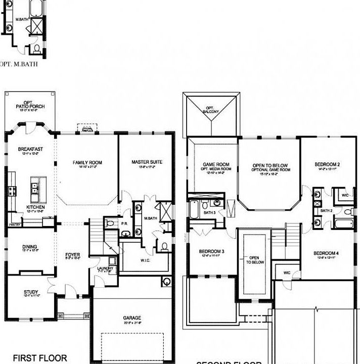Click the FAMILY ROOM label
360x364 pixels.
click(x=87, y=162)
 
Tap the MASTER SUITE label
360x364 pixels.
click(x=147, y=162)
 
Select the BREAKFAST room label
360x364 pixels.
click(x=29, y=149)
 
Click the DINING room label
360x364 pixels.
click(x=29, y=247)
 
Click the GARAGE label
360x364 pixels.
click(x=132, y=318)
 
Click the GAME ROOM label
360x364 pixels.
click(x=216, y=164)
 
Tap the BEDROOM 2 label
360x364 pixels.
click(x=327, y=164)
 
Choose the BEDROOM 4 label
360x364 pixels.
click(x=326, y=253)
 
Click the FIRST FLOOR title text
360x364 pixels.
click(x=39, y=357)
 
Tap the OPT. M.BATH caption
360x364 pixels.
click(x=19, y=64)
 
